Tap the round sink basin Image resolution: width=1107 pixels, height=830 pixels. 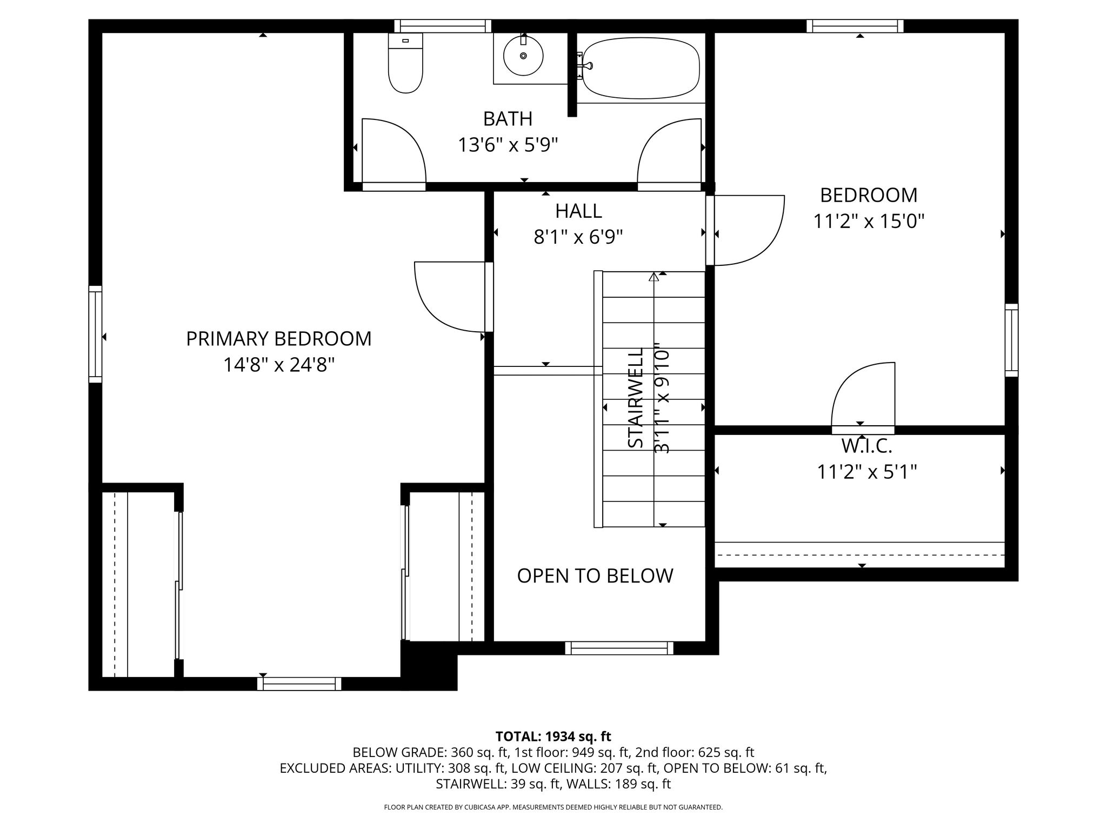tap(523, 55)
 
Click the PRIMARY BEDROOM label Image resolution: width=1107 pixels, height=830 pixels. tap(279, 339)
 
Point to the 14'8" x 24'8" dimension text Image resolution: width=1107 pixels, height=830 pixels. tap(279, 365)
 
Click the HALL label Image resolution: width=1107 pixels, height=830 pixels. tap(578, 211)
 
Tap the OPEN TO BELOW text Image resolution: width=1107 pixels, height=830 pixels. tap(595, 576)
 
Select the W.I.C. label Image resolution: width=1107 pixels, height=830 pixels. tap(866, 446)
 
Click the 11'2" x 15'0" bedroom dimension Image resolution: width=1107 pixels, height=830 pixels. tap(869, 221)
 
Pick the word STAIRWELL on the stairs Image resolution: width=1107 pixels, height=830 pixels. tap(636, 398)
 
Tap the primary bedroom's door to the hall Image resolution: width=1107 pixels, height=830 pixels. tap(454, 297)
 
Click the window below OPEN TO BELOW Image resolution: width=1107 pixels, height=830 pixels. tap(619, 648)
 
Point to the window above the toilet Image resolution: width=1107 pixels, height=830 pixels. tap(443, 26)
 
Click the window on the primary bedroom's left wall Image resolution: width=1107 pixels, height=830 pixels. tap(95, 334)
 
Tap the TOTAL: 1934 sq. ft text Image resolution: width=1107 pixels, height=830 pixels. tap(553, 737)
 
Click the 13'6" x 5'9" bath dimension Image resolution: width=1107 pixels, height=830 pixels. tap(508, 145)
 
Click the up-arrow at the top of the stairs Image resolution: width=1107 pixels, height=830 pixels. tap(654, 277)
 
